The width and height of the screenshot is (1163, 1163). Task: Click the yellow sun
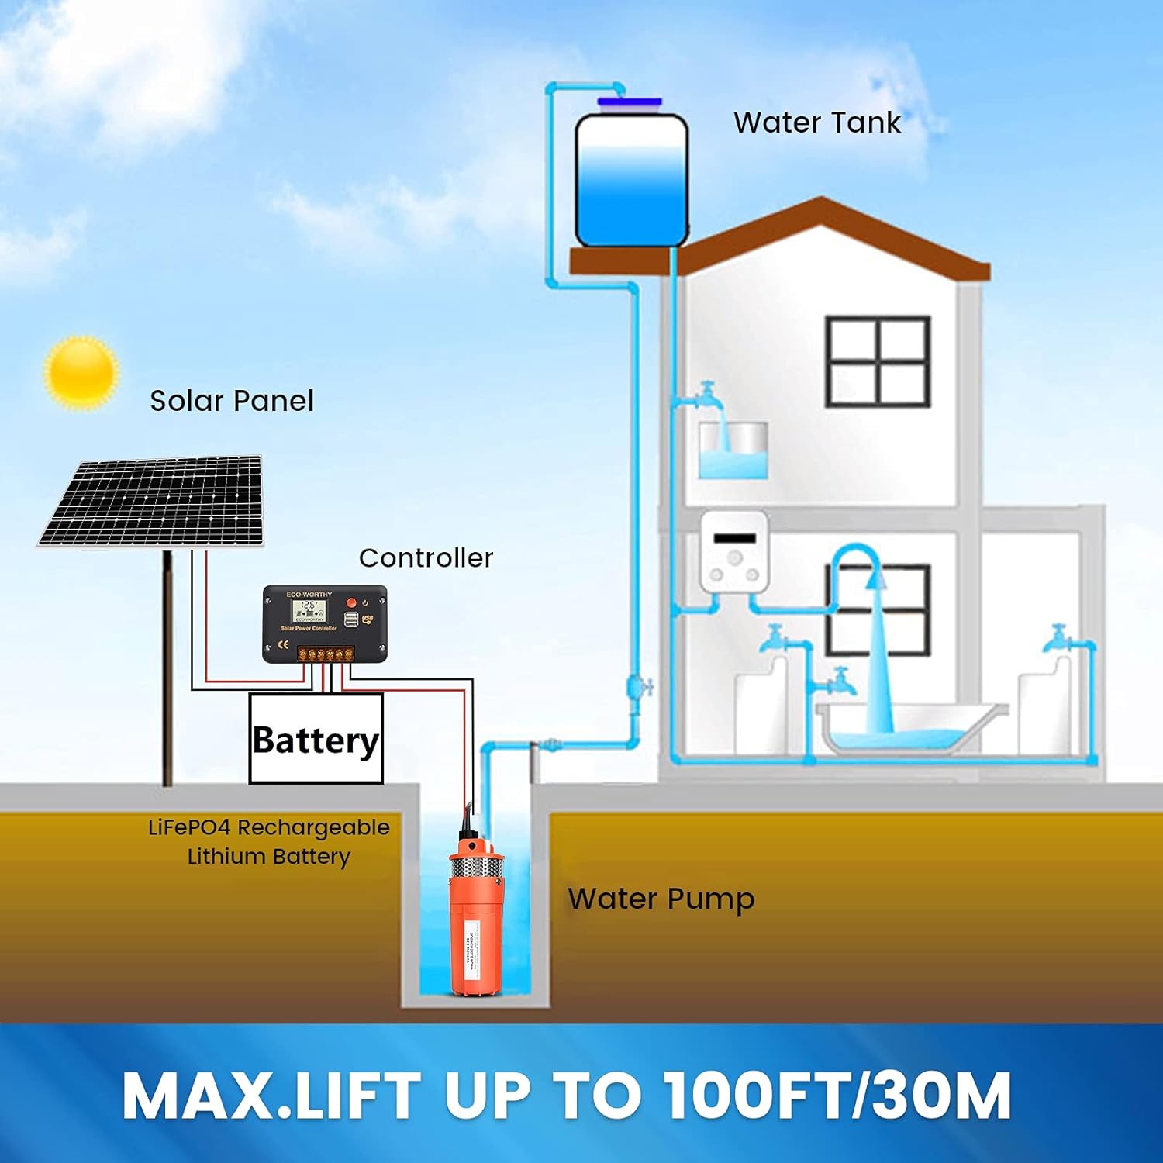81,372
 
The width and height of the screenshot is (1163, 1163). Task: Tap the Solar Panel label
231,401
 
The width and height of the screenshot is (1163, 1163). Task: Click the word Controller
426,557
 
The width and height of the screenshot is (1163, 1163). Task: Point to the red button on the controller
351,602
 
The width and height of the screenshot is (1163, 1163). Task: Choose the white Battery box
316,739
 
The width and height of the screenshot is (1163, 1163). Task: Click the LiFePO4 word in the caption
190,827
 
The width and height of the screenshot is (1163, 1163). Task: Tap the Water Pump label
661,899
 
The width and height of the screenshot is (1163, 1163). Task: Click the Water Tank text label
816,123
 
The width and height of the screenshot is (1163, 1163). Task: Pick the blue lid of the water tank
630,102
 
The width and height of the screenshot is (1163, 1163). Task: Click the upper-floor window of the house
877,361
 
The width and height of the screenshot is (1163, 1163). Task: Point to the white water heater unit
733,550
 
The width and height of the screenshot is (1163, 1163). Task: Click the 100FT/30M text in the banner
837,1095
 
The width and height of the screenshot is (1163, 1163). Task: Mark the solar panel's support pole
167,667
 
